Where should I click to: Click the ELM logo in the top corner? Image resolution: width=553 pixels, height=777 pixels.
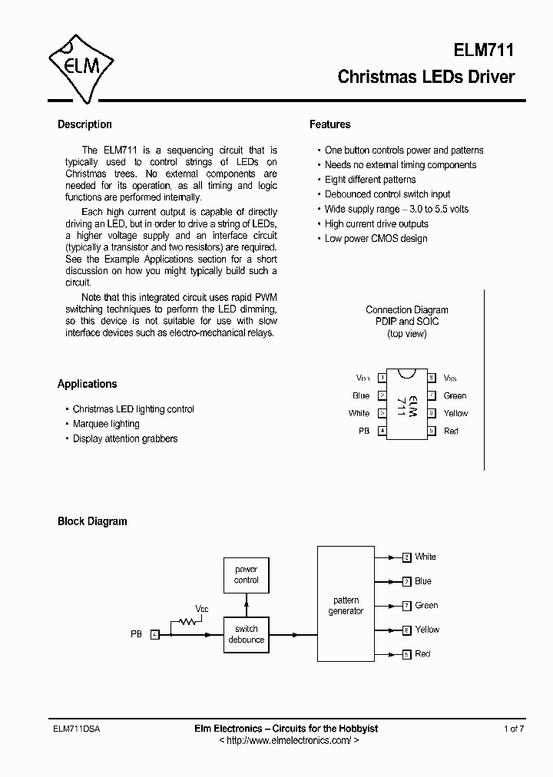[81, 67]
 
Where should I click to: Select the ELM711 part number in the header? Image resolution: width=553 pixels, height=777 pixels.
[481, 51]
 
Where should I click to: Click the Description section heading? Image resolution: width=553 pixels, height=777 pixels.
[84, 124]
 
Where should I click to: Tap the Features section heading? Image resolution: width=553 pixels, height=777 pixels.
[329, 124]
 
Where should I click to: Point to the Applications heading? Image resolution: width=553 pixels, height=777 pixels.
[87, 384]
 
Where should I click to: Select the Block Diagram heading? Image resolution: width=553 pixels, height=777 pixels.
[92, 521]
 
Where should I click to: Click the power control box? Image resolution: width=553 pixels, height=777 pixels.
[247, 575]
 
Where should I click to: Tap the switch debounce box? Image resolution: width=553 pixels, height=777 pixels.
[247, 634]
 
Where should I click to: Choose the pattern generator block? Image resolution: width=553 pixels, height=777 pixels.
[346, 605]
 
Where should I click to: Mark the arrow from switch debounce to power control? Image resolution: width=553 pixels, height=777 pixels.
[247, 605]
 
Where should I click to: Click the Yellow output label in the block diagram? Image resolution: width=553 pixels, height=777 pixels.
[426, 630]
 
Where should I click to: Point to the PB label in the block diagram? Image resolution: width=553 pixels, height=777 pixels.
[136, 634]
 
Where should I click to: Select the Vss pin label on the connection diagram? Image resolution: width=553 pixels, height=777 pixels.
[451, 378]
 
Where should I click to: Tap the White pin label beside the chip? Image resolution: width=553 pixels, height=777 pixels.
[359, 413]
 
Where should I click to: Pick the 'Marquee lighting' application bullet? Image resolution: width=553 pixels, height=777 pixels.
[106, 424]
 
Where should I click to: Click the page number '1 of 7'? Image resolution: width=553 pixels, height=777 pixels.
[514, 729]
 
